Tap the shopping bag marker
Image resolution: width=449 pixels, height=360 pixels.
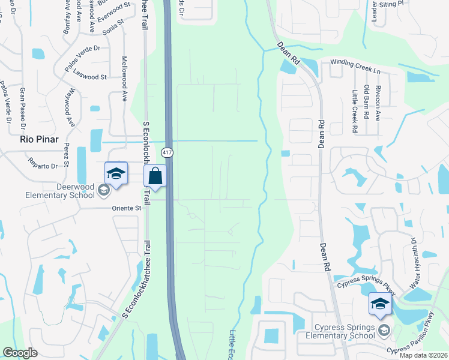pos(155,176)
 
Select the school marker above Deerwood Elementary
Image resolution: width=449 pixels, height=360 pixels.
pos(116,174)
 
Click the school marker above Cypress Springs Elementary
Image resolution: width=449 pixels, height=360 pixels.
pos(379,305)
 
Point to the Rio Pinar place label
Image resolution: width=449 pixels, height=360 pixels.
pos(39,139)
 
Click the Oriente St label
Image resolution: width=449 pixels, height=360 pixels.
pos(125,208)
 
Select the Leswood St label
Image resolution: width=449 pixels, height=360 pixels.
pos(90,77)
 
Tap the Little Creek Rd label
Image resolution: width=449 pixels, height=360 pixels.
pos(355,112)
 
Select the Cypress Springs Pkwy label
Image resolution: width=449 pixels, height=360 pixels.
pos(366,284)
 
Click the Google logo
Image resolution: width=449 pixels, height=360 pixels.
pos(20,352)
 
